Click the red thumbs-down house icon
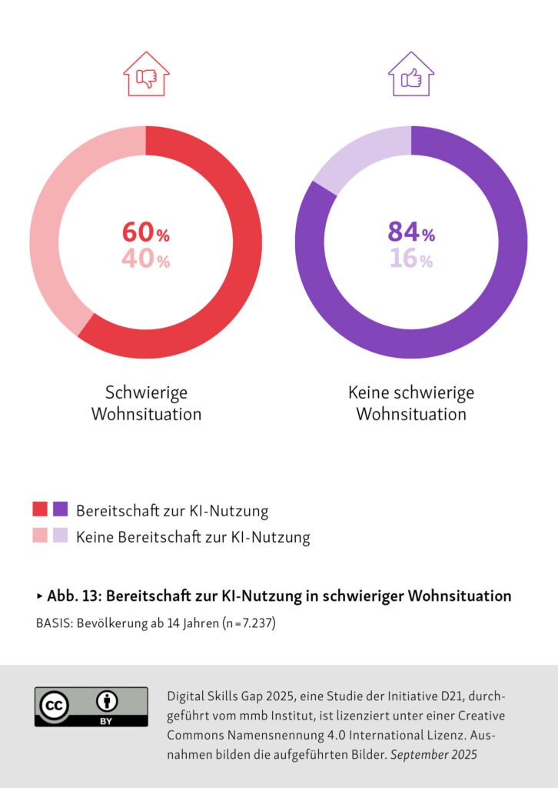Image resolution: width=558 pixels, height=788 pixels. pyautogui.click(x=146, y=74)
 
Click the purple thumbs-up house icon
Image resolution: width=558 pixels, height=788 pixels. pyautogui.click(x=411, y=74)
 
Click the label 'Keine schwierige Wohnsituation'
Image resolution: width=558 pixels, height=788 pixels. pyautogui.click(x=411, y=403)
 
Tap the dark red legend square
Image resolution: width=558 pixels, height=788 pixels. pyautogui.click(x=40, y=509)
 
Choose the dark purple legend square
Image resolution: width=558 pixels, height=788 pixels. pyautogui.click(x=61, y=509)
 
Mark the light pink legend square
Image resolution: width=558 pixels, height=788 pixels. pyautogui.click(x=40, y=536)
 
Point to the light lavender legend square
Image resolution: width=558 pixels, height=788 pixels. pyautogui.click(x=61, y=536)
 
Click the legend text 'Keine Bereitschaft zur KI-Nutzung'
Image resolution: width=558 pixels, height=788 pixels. pyautogui.click(x=193, y=537)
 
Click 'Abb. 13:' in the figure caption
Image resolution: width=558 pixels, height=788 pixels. pyautogui.click(x=72, y=596)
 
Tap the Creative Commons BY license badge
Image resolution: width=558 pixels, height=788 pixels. pyautogui.click(x=91, y=706)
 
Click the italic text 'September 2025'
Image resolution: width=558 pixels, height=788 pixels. pyautogui.click(x=433, y=755)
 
